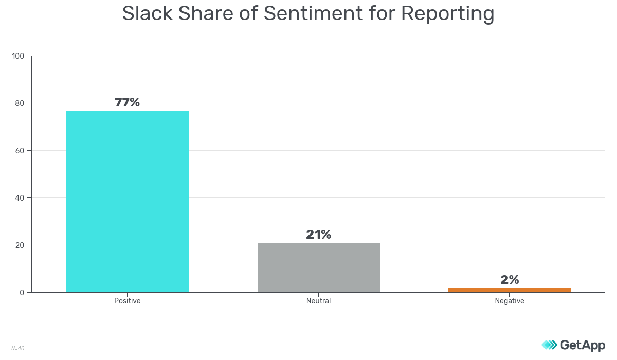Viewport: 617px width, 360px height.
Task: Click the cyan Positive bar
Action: tap(128, 201)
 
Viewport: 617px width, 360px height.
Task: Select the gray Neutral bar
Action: tap(318, 267)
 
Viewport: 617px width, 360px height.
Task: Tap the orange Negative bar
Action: tap(509, 290)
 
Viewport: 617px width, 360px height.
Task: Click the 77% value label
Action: tap(127, 102)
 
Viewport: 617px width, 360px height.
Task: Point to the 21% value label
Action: tap(318, 235)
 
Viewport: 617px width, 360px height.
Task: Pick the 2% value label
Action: tap(510, 280)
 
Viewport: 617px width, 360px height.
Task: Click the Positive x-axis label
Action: tap(127, 301)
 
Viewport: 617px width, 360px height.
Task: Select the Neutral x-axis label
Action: tap(318, 301)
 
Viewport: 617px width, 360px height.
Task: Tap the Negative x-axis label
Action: tap(509, 301)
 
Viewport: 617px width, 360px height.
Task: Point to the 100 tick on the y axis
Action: tap(19, 56)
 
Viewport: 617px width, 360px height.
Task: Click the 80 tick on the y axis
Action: tap(20, 103)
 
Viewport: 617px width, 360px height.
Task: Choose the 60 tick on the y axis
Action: tap(20, 151)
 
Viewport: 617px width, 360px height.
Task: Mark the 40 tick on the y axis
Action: tap(20, 198)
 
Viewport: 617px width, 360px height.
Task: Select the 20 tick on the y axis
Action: tap(20, 245)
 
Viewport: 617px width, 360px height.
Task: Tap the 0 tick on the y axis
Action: tap(22, 293)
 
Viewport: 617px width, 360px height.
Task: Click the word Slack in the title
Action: tap(147, 14)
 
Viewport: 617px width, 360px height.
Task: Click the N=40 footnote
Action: tap(17, 348)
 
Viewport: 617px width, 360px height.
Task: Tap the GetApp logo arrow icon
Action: tap(549, 345)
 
